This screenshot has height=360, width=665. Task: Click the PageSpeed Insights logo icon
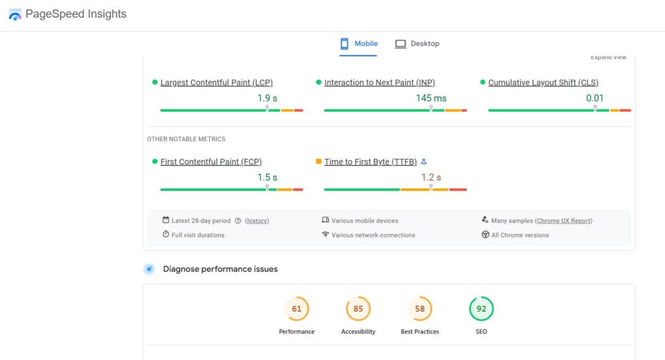coord(15,14)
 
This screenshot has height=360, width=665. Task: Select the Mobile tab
coord(358,44)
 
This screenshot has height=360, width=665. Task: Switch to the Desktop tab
coord(417,44)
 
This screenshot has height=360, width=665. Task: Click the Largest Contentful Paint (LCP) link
coord(216,83)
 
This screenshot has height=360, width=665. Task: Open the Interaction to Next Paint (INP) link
coord(379,83)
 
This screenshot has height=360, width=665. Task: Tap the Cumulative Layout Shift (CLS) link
coord(543,83)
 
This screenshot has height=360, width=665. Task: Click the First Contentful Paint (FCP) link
coord(211,162)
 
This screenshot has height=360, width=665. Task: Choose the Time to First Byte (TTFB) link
coord(370,162)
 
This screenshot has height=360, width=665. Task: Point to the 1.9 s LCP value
coord(267,98)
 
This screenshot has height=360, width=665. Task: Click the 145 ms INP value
coord(431,98)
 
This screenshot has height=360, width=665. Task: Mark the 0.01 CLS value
coord(595,98)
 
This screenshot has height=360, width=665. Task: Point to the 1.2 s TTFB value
coord(431,177)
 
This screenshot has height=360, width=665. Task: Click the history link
coord(257,221)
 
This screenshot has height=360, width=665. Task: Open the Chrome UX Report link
coord(564,221)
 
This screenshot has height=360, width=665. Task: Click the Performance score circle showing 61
coord(297,309)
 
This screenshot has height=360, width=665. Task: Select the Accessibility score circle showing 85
coord(358,309)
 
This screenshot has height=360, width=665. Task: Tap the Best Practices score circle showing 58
coord(420,309)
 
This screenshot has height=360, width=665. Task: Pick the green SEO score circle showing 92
coord(481,309)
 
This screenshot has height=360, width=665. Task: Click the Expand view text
coord(608,57)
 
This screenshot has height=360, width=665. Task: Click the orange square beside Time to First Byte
coord(319,161)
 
